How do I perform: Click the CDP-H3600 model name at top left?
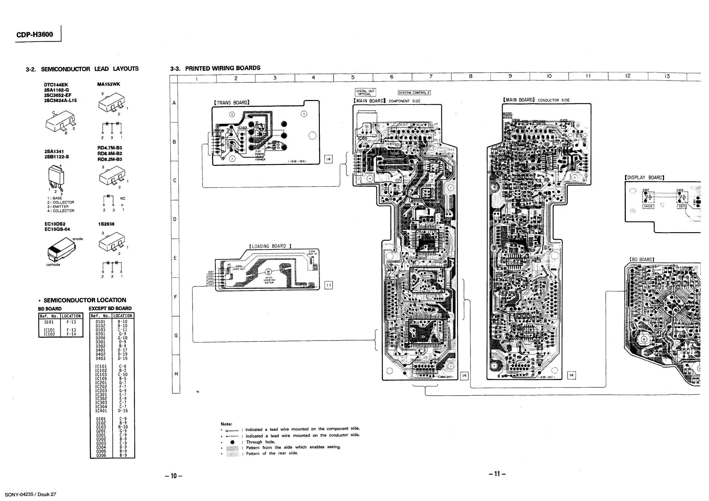pos(35,34)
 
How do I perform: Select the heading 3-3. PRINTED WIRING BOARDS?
pos(215,68)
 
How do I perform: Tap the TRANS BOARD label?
pos(232,102)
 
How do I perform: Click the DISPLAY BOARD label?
pos(644,177)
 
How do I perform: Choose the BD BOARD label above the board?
pos(642,259)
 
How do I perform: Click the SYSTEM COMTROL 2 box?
pos(414,93)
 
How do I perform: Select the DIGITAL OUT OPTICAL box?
pos(365,92)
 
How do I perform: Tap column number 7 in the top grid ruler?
pos(431,77)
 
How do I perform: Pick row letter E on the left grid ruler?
pos(175,258)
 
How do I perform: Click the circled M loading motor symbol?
pos(268,272)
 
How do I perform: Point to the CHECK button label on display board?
pos(648,207)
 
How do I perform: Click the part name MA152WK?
pos(109,84)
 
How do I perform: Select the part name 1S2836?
pos(106,224)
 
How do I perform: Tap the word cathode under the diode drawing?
pos(53,265)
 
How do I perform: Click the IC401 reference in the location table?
pos(101,411)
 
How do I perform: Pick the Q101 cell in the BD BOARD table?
pos(49,322)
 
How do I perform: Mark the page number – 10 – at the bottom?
pos(174,476)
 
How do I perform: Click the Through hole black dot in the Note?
pos(233,442)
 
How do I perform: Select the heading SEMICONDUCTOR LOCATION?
pos(85,300)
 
